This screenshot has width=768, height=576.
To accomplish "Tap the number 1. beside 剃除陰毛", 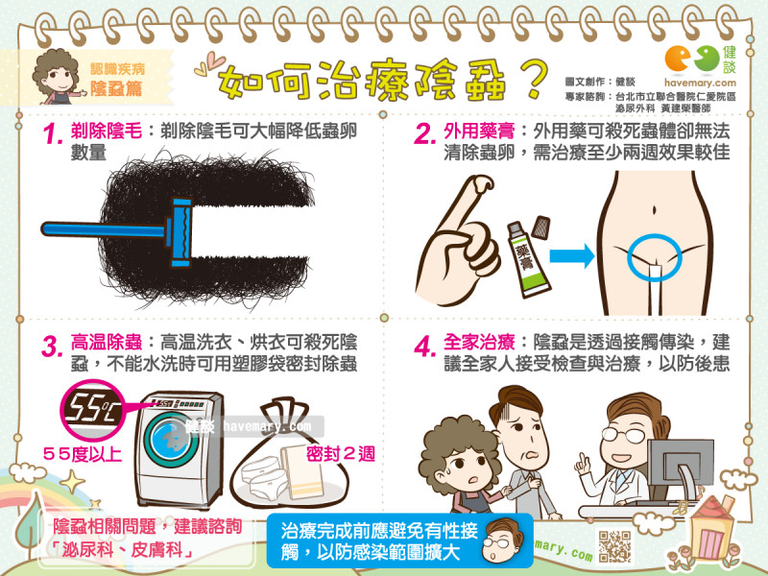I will [x=53, y=134].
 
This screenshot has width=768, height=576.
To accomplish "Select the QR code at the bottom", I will [x=614, y=544].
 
